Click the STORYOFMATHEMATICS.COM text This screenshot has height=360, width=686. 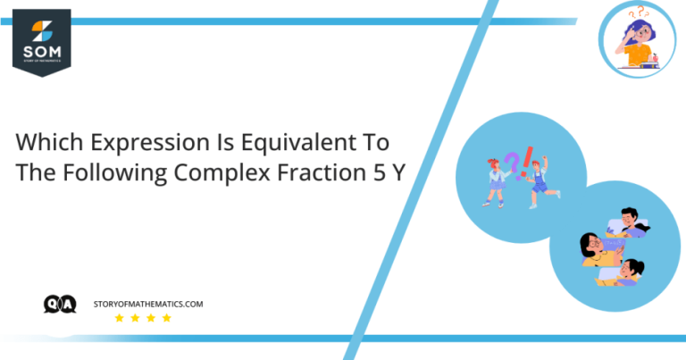[x=148, y=305]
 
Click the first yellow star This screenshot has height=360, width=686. [x=119, y=319]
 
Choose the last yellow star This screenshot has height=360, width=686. [x=166, y=319]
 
